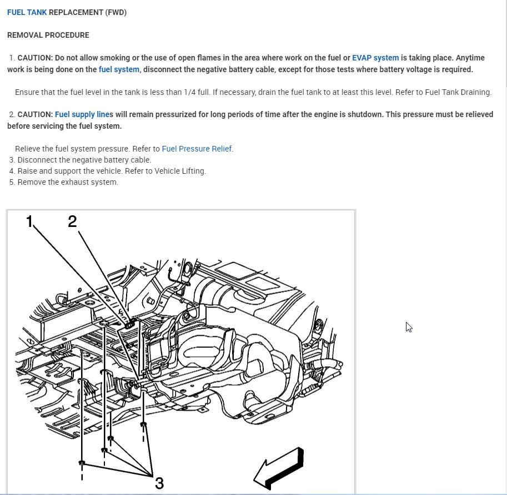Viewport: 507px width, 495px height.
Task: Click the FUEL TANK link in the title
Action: click(27, 12)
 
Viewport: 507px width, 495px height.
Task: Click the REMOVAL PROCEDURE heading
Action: click(48, 35)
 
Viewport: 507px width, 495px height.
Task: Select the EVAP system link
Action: click(375, 58)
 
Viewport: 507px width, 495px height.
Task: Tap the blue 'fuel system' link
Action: click(119, 69)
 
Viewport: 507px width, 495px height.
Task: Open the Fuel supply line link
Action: click(82, 114)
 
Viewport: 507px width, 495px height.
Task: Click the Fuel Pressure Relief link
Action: click(197, 149)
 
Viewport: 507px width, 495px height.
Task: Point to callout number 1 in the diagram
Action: click(29, 222)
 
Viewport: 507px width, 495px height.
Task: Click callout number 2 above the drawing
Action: click(73, 222)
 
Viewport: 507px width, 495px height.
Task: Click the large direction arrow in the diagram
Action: click(279, 467)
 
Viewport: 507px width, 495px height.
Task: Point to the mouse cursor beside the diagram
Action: click(408, 327)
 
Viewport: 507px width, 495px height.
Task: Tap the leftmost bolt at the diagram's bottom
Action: click(82, 463)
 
